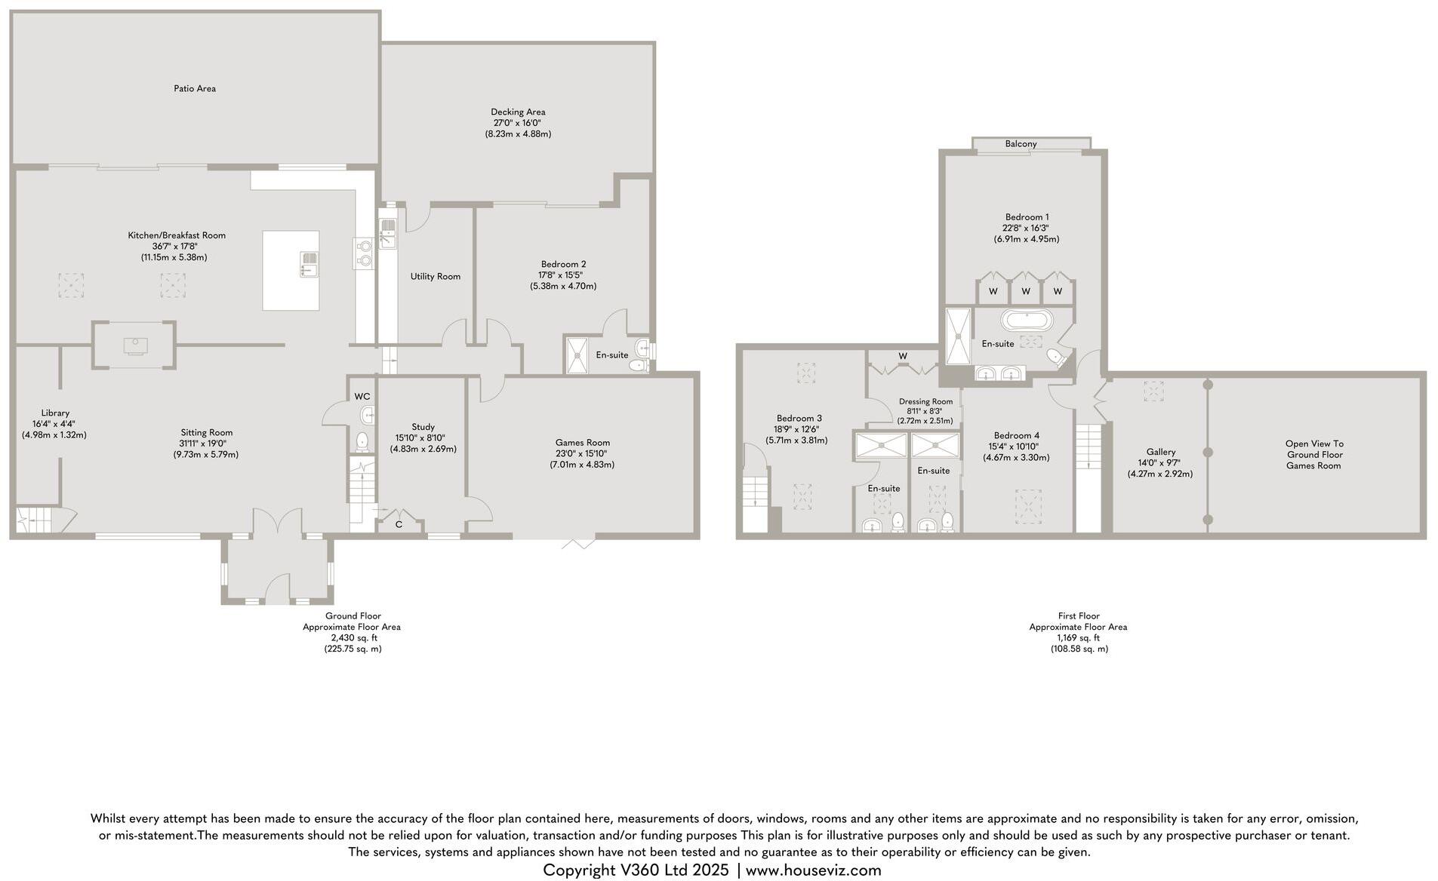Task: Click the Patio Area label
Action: pos(195,88)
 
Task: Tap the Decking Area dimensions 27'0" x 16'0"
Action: pos(517,123)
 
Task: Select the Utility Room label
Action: pos(435,277)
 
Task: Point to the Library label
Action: pos(55,413)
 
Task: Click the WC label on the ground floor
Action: pos(362,396)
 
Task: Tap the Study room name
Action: pos(423,427)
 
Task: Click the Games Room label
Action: pos(582,443)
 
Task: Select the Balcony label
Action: pos(1021,143)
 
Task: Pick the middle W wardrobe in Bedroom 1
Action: pos(1025,291)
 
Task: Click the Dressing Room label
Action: pos(925,401)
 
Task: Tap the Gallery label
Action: pos(1160,452)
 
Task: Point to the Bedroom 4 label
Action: pos(1016,435)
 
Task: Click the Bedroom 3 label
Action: pos(799,418)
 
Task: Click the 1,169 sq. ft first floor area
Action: pos(1078,637)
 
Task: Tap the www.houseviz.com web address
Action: pos(813,870)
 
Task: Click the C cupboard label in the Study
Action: pos(399,523)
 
